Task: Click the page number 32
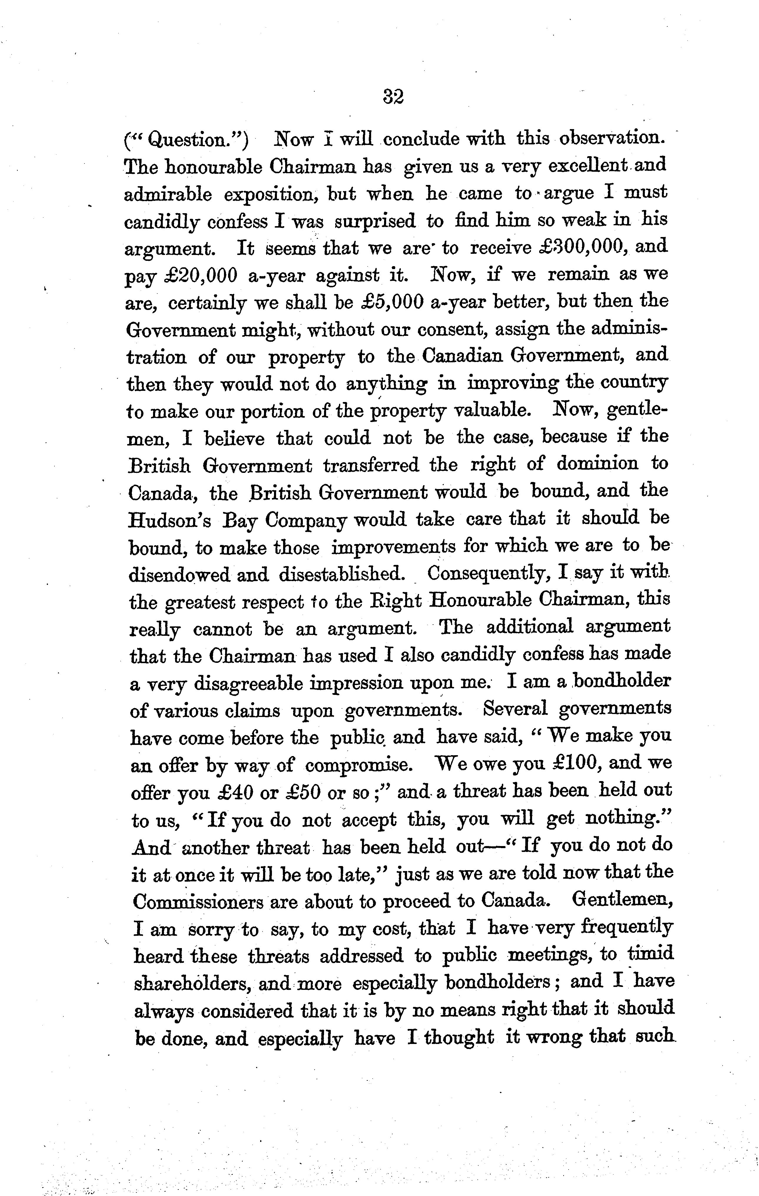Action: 393,96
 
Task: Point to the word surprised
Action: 375,221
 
